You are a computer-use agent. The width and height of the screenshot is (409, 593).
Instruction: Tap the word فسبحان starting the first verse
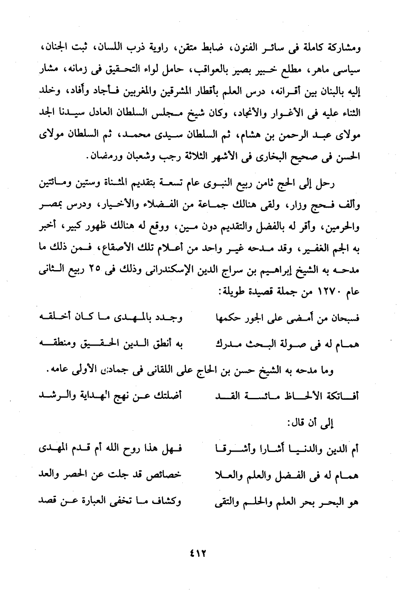point(341,319)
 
